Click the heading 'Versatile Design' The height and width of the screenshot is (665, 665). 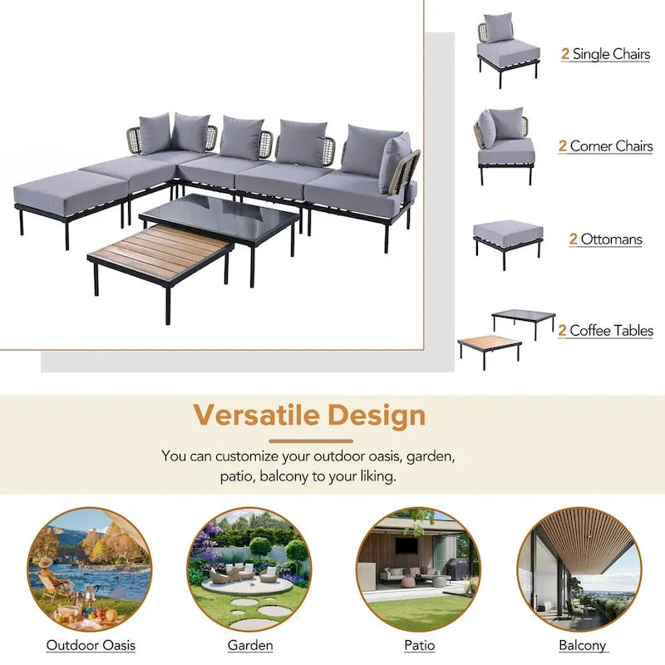[x=309, y=415]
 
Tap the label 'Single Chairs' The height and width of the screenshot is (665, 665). [x=611, y=55]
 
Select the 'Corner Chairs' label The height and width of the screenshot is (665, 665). [x=611, y=146]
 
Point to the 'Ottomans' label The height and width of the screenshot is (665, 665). [x=611, y=239]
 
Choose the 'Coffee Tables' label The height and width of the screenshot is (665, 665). [x=611, y=331]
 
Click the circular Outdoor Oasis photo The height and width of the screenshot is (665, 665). [x=89, y=569]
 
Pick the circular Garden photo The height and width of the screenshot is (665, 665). [x=249, y=569]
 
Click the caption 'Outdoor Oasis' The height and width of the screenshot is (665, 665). [x=91, y=645]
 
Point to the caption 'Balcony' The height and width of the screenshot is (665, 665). [x=582, y=645]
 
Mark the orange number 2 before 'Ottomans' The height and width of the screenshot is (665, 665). [x=574, y=239]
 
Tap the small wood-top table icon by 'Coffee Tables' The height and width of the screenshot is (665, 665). [x=490, y=346]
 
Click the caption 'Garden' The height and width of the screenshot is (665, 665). [x=250, y=645]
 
